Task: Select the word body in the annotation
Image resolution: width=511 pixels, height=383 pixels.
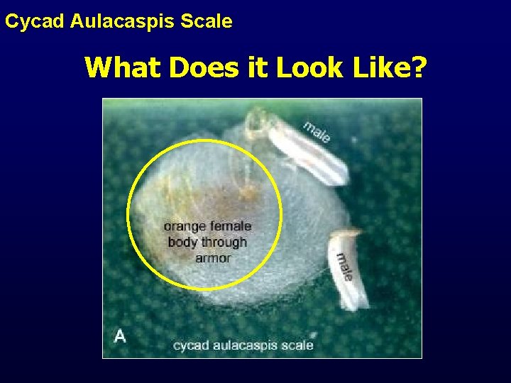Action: click(182, 242)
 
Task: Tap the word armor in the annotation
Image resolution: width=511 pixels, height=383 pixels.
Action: click(213, 258)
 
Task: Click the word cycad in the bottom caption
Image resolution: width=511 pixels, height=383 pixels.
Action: click(192, 345)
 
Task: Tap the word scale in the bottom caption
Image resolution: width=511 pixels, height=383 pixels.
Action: click(298, 345)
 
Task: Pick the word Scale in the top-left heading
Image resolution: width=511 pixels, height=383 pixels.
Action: click(207, 21)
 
